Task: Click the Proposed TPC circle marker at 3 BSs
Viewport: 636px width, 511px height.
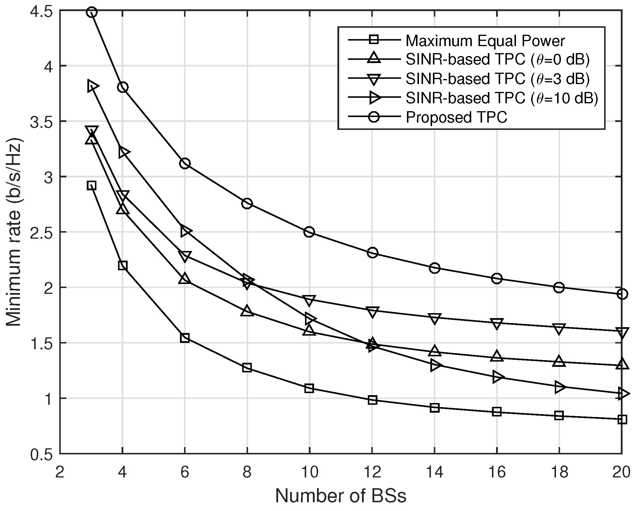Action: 92,12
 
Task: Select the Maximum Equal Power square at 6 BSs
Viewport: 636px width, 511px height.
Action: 185,338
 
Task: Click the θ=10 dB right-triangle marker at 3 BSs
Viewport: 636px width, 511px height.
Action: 93,86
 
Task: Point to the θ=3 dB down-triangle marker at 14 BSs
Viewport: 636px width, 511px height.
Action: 434,318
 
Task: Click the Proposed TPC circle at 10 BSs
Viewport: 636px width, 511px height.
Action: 309,232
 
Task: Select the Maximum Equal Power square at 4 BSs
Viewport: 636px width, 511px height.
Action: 123,265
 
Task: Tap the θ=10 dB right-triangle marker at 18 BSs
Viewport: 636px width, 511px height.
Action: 559,387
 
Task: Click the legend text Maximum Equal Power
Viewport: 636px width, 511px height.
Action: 485,41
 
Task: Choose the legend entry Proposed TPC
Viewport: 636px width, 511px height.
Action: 456,117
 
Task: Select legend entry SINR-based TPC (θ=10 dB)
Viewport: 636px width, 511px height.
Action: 502,98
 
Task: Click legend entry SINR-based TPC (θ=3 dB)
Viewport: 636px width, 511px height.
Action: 497,79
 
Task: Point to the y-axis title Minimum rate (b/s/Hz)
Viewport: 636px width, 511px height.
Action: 14,232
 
